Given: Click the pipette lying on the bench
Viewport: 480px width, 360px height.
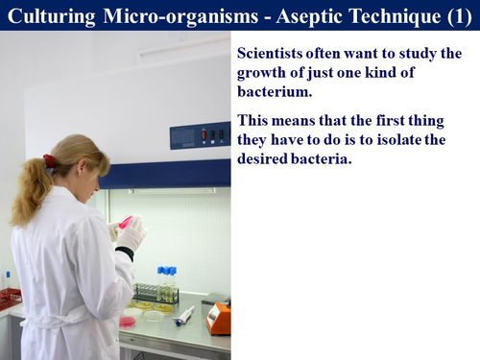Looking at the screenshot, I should point(185,314).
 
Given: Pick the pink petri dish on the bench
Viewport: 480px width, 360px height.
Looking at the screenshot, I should point(127,320).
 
